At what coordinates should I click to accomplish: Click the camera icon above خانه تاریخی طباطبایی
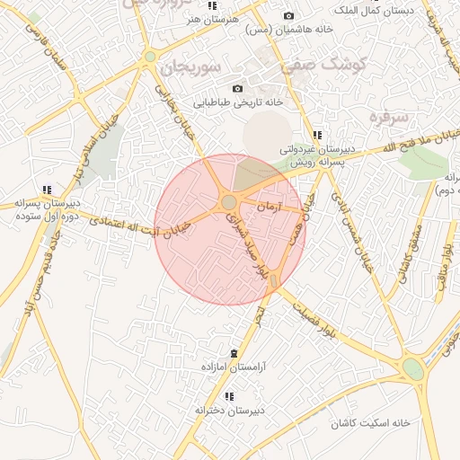point(237,88)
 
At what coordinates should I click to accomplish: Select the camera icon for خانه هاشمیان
point(288,15)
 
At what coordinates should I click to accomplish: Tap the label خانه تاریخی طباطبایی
point(238,102)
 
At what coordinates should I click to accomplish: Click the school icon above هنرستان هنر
point(212,5)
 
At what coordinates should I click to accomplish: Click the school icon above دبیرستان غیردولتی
point(316,136)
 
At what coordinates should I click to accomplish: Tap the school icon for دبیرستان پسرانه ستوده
point(46,190)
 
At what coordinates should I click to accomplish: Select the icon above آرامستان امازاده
point(234,352)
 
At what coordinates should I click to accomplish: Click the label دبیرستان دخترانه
point(230,410)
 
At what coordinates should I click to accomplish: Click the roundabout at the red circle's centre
point(229,202)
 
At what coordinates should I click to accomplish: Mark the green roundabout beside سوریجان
point(149,57)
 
